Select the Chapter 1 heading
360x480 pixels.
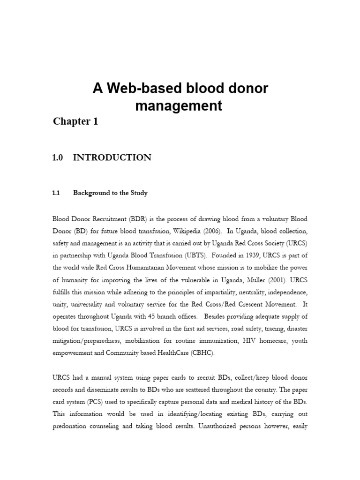[75, 121]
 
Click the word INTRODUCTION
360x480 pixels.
[112, 157]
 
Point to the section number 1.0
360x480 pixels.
[58, 157]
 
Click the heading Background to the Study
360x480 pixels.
[110, 193]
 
